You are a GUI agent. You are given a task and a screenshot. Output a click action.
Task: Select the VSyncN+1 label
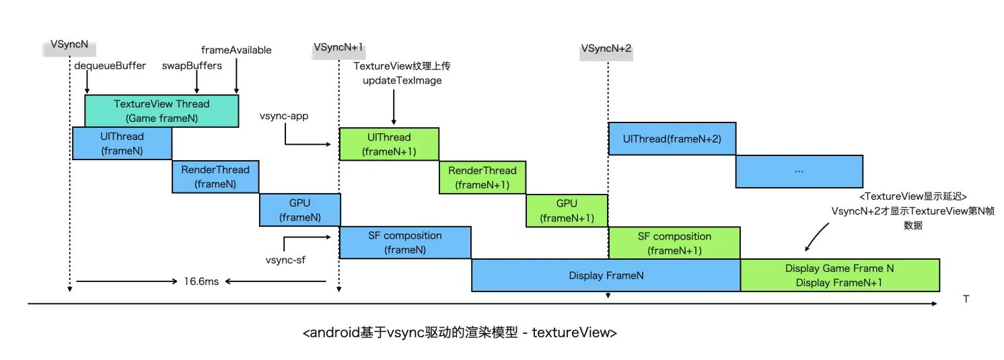(x=338, y=48)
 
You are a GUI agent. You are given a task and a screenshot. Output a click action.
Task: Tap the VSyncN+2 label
(x=606, y=49)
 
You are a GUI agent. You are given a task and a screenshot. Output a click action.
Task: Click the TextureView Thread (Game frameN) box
(x=162, y=111)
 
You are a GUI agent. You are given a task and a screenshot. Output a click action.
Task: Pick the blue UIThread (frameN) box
(x=122, y=143)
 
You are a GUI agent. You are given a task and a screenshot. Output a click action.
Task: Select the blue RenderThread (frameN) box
(x=215, y=177)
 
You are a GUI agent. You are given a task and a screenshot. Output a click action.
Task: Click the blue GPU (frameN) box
(x=299, y=210)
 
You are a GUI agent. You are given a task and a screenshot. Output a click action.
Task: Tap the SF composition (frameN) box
(x=404, y=243)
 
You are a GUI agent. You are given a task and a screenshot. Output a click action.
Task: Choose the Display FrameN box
(x=606, y=275)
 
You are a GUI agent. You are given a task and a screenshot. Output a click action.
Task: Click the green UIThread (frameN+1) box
(x=389, y=144)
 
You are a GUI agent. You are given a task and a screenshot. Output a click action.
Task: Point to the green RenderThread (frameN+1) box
(x=482, y=178)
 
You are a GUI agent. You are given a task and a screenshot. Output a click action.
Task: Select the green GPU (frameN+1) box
(x=567, y=211)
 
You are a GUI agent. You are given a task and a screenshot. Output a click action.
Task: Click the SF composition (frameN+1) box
(x=674, y=244)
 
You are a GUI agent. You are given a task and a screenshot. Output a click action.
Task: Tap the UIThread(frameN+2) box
(x=672, y=139)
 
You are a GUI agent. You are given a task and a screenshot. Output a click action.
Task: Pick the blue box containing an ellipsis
(x=799, y=172)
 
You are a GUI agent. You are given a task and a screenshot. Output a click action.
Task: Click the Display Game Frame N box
(x=839, y=275)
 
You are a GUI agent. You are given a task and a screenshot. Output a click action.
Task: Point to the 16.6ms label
(x=202, y=281)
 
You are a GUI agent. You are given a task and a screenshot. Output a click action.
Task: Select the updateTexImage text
(x=402, y=81)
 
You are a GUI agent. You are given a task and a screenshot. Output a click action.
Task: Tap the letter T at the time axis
(x=966, y=299)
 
